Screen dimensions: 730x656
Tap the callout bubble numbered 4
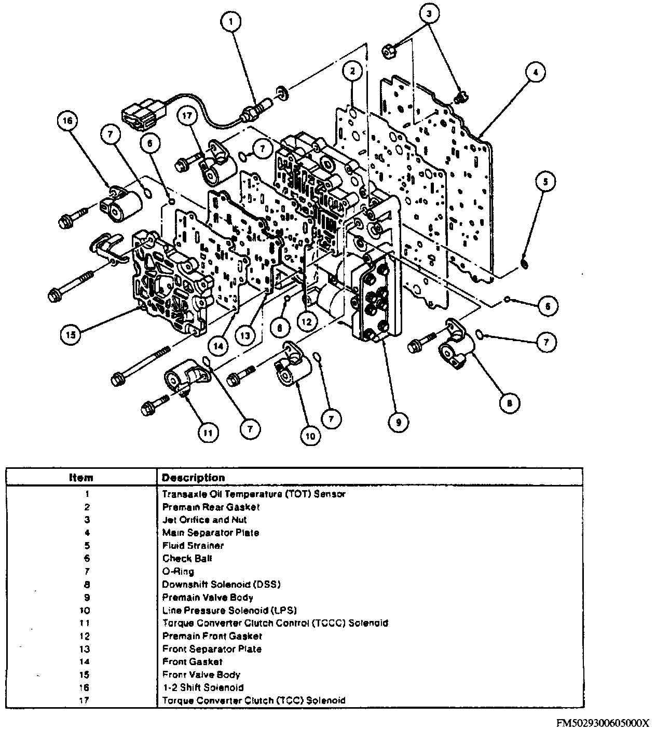coord(535,72)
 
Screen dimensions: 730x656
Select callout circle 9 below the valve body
coord(398,422)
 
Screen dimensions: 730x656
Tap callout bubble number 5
coord(544,182)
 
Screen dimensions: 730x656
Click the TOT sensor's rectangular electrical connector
coord(138,114)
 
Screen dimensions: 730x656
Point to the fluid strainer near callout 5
coord(525,265)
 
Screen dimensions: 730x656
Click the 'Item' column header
coord(81,478)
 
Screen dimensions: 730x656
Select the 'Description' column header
coord(194,478)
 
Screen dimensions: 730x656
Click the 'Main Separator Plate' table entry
coord(210,533)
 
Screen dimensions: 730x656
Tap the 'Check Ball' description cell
coord(187,559)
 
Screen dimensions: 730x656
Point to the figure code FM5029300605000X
coord(603,723)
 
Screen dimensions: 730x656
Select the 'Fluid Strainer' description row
coord(193,546)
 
